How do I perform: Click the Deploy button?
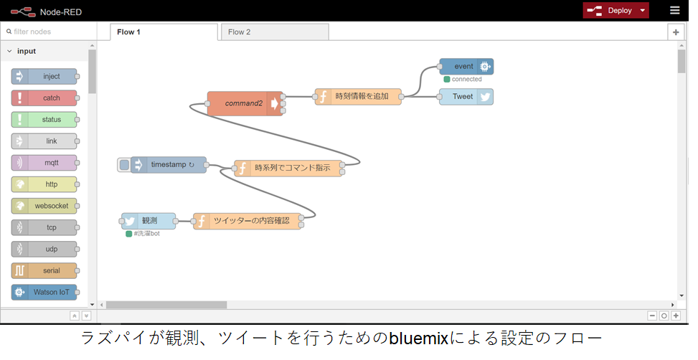pyautogui.click(x=616, y=11)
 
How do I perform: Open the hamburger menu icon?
pyautogui.click(x=675, y=10)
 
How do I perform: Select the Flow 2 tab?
pyautogui.click(x=275, y=32)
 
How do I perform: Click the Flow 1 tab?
pyautogui.click(x=164, y=32)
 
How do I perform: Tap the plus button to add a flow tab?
pyautogui.click(x=676, y=32)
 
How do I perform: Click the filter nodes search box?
pyautogui.click(x=49, y=32)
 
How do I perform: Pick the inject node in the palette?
pyautogui.click(x=44, y=77)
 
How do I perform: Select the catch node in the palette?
pyautogui.click(x=44, y=98)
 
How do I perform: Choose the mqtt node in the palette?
pyautogui.click(x=44, y=163)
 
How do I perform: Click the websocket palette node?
pyautogui.click(x=44, y=206)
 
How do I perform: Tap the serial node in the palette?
pyautogui.click(x=44, y=270)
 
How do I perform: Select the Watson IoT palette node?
pyautogui.click(x=44, y=293)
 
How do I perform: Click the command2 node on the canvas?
pyautogui.click(x=245, y=104)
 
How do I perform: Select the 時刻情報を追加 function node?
pyautogui.click(x=359, y=97)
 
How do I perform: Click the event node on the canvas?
pyautogui.click(x=466, y=67)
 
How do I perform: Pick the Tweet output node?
pyautogui.click(x=466, y=97)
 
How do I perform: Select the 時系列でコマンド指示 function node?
pyautogui.click(x=288, y=169)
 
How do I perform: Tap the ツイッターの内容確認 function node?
pyautogui.click(x=247, y=221)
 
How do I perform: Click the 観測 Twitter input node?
pyautogui.click(x=148, y=221)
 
